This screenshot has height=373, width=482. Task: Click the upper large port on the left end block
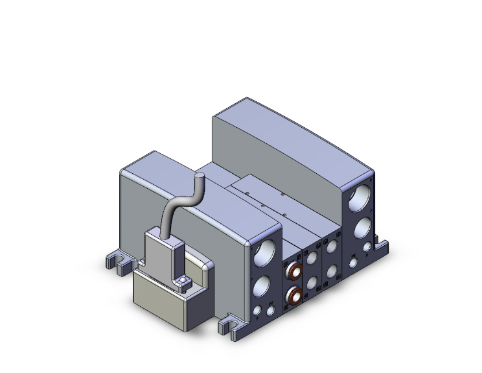point(266,252)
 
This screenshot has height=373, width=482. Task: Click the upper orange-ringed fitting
point(295,270)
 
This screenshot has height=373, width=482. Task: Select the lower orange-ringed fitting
point(295,296)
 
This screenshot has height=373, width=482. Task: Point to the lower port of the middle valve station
point(314,283)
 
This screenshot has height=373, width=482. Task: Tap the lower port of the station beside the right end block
point(333,272)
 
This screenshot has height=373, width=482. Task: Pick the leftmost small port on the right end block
point(353,263)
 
